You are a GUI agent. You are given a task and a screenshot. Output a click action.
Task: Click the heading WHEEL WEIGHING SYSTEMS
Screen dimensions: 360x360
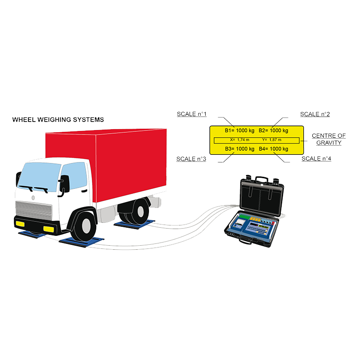click(58, 120)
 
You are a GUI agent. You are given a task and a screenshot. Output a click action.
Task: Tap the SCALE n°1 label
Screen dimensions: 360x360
click(192, 114)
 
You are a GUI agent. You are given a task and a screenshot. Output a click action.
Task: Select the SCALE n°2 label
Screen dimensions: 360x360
click(315, 114)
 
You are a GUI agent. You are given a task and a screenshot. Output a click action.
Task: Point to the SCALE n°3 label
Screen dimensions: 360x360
click(191, 159)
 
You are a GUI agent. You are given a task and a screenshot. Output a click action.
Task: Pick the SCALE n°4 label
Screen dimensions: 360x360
click(316, 159)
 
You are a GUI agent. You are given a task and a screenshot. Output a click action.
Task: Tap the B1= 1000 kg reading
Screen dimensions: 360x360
click(240, 130)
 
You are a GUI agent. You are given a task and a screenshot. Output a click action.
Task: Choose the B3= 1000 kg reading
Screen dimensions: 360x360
click(240, 148)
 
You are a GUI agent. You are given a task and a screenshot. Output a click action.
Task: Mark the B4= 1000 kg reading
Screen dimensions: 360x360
click(274, 148)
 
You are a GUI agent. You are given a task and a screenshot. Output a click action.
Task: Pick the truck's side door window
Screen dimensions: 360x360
click(74, 175)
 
